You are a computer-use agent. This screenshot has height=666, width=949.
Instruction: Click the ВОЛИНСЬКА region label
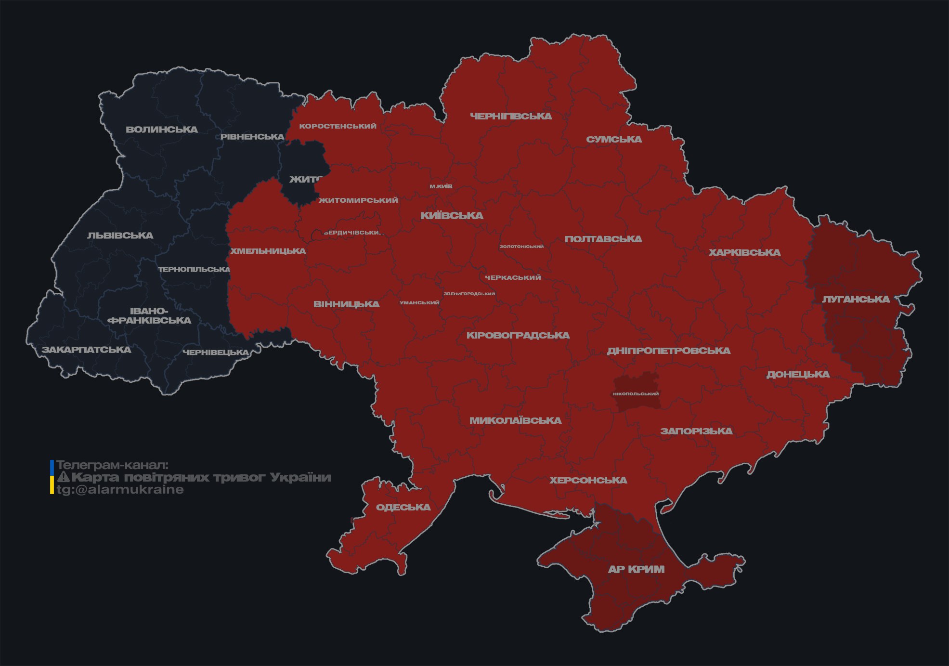pyautogui.click(x=162, y=130)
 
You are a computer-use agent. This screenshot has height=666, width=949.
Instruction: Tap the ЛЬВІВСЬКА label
pyautogui.click(x=120, y=235)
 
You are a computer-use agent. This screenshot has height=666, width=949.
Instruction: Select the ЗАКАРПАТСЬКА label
pyautogui.click(x=86, y=350)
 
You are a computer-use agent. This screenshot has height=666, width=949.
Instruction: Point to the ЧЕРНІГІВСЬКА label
pyautogui.click(x=511, y=116)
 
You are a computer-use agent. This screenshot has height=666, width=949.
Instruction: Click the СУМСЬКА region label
pyautogui.click(x=614, y=139)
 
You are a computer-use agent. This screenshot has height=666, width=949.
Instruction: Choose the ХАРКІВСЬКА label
pyautogui.click(x=744, y=252)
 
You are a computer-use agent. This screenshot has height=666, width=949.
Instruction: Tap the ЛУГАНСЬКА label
pyautogui.click(x=856, y=299)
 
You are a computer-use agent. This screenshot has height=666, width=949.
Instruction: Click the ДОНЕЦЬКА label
pyautogui.click(x=798, y=374)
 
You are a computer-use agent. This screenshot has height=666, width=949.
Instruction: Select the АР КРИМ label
pyautogui.click(x=636, y=569)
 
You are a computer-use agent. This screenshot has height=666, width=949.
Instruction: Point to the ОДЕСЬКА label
pyautogui.click(x=403, y=507)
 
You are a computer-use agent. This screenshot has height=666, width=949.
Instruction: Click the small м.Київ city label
pyautogui.click(x=441, y=186)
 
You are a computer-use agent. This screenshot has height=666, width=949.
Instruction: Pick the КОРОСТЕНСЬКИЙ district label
pyautogui.click(x=338, y=126)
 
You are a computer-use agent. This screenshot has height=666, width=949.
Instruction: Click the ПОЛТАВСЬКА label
pyautogui.click(x=603, y=239)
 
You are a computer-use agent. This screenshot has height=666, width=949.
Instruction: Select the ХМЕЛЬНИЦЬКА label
pyautogui.click(x=268, y=251)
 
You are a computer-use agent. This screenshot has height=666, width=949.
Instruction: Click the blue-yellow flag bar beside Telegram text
pyautogui.click(x=52, y=477)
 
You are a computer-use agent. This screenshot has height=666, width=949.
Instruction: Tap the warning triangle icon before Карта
pyautogui.click(x=63, y=477)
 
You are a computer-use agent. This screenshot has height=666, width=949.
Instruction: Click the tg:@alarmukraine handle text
pyautogui.click(x=120, y=490)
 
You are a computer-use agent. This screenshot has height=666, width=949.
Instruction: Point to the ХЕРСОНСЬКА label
pyautogui.click(x=588, y=480)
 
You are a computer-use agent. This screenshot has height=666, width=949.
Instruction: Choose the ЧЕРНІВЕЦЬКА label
pyautogui.click(x=216, y=353)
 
